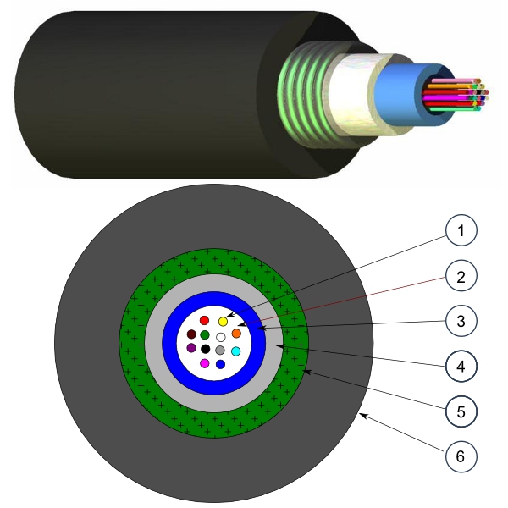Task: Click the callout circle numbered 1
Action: click(461, 230)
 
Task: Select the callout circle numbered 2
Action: click(461, 275)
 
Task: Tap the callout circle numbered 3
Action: click(461, 321)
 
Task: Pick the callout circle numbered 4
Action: click(461, 367)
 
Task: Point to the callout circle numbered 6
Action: click(461, 457)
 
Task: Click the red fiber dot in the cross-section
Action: click(204, 320)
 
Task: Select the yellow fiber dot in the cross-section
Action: click(223, 322)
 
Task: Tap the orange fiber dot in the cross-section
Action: click(236, 334)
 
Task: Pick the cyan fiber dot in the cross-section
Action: click(236, 351)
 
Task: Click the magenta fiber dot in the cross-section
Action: click(204, 363)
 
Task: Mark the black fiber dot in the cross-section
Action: click(205, 349)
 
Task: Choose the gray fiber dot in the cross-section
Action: click(220, 350)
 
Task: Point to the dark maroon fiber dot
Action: click(191, 334)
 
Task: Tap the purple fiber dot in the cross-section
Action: click(191, 348)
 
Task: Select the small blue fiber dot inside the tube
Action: click(220, 364)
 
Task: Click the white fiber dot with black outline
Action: click(220, 336)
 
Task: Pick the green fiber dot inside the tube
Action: click(205, 335)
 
